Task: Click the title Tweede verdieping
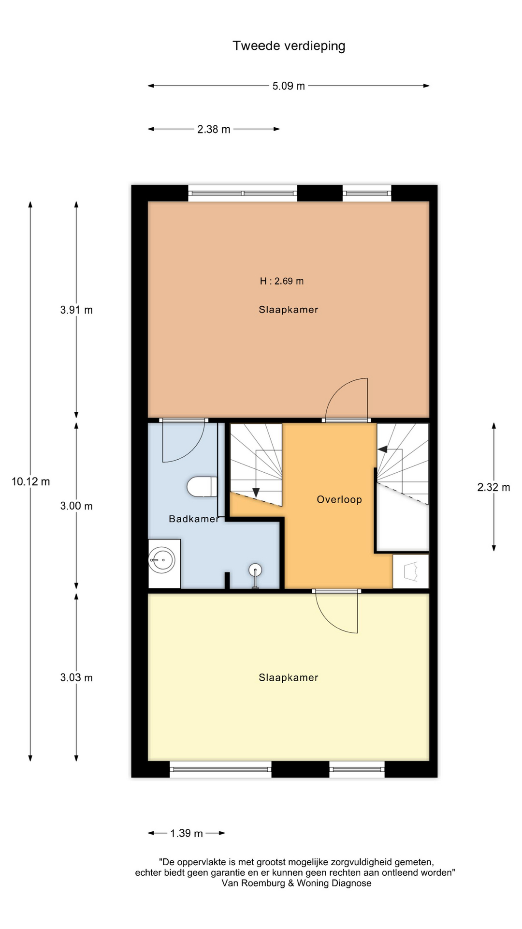pos(289,46)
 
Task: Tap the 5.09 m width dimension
pos(289,86)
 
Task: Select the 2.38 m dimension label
pos(214,129)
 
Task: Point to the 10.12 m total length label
pos(31,481)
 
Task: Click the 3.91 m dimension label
pos(76,310)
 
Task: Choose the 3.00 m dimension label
pos(76,506)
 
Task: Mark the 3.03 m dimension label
pos(76,678)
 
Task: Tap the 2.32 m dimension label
pos(493,487)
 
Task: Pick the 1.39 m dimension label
pos(187,833)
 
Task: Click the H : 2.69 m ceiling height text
pos(282,281)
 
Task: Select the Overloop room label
pos(339,499)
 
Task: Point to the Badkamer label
pos(194,519)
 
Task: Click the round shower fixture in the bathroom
pos(255,570)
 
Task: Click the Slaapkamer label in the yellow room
pos(289,677)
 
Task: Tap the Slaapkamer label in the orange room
pos(289,310)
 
